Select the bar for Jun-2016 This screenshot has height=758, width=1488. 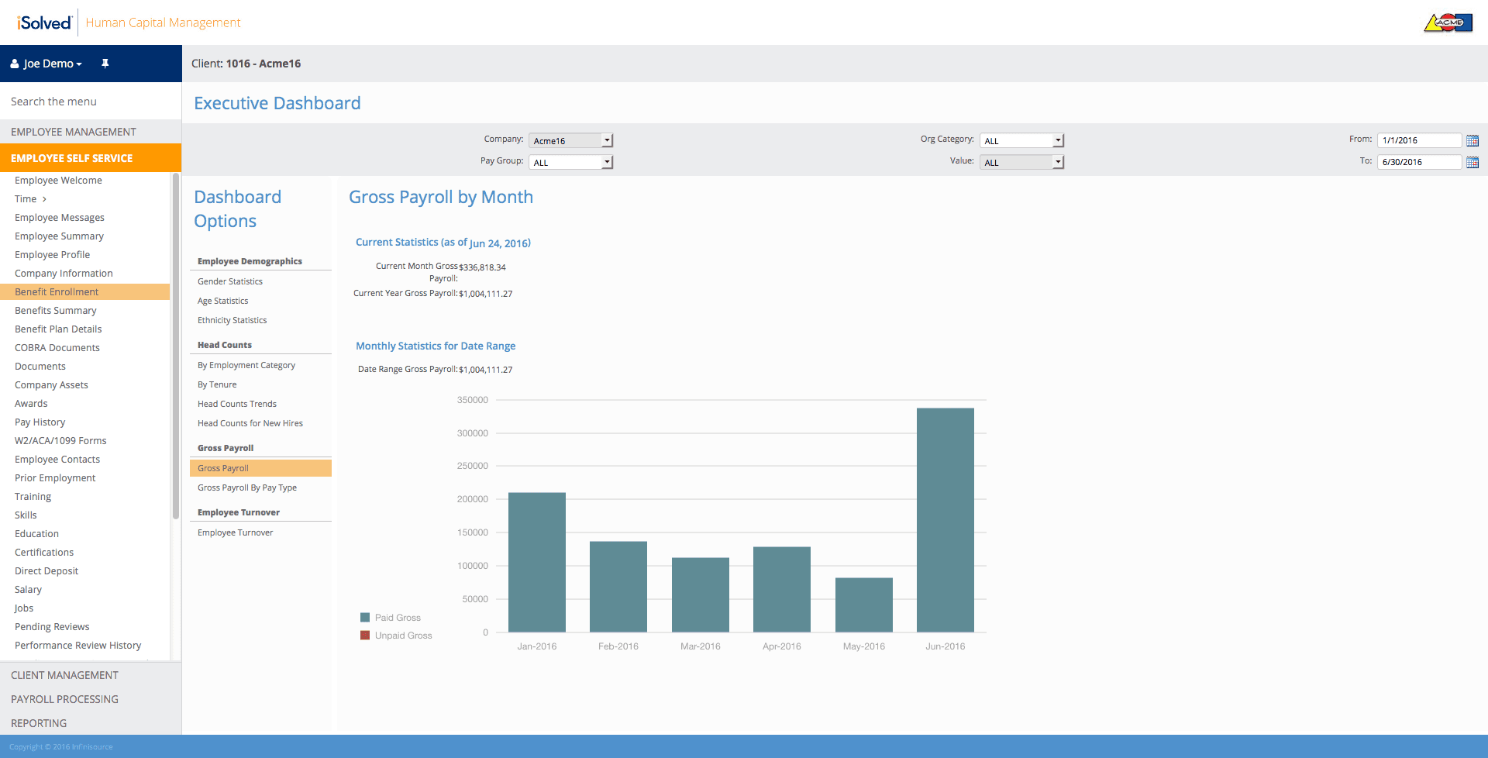(945, 520)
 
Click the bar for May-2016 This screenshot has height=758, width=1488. (863, 605)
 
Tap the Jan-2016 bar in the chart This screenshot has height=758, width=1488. (537, 562)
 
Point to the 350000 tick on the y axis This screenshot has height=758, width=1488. (473, 400)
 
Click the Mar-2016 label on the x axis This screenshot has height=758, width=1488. (701, 646)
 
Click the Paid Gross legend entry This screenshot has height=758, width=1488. (391, 618)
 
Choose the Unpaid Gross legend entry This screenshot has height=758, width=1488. (396, 636)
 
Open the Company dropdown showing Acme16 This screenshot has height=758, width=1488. (570, 140)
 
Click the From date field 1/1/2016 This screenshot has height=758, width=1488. (1419, 140)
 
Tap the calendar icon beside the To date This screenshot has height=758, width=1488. (1472, 162)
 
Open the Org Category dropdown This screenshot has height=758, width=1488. (1021, 140)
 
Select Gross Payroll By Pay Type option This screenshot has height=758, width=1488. (247, 488)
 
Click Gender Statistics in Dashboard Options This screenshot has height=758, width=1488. (230, 281)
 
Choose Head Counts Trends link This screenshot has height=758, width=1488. (237, 404)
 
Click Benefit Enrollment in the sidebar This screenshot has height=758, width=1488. (57, 292)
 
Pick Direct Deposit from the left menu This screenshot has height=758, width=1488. (46, 571)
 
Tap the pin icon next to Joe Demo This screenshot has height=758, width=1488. (105, 64)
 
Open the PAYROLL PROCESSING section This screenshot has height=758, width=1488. (64, 699)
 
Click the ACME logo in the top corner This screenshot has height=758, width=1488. (1448, 22)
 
